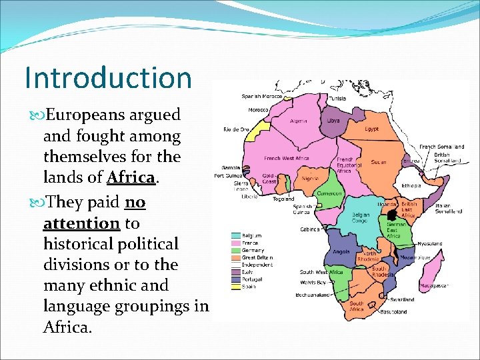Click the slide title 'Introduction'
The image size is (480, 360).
[x=108, y=77]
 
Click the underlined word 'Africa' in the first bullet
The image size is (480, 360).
[x=131, y=178]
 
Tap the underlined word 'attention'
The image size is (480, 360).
[x=81, y=222]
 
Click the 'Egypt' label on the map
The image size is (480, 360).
[x=371, y=129]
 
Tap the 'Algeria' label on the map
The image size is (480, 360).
[x=299, y=121]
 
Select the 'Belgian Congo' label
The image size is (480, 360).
[x=361, y=218]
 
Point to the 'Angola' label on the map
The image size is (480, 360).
[x=340, y=252]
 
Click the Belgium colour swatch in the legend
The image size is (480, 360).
[x=235, y=235]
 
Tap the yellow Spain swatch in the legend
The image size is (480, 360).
[x=235, y=287]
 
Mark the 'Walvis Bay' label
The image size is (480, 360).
[x=312, y=283]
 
